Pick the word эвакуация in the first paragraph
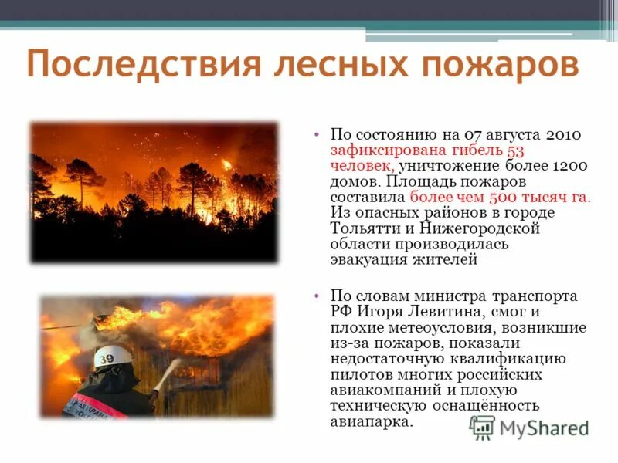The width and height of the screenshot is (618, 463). (x=366, y=260)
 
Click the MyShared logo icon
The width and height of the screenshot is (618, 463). (x=482, y=428)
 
